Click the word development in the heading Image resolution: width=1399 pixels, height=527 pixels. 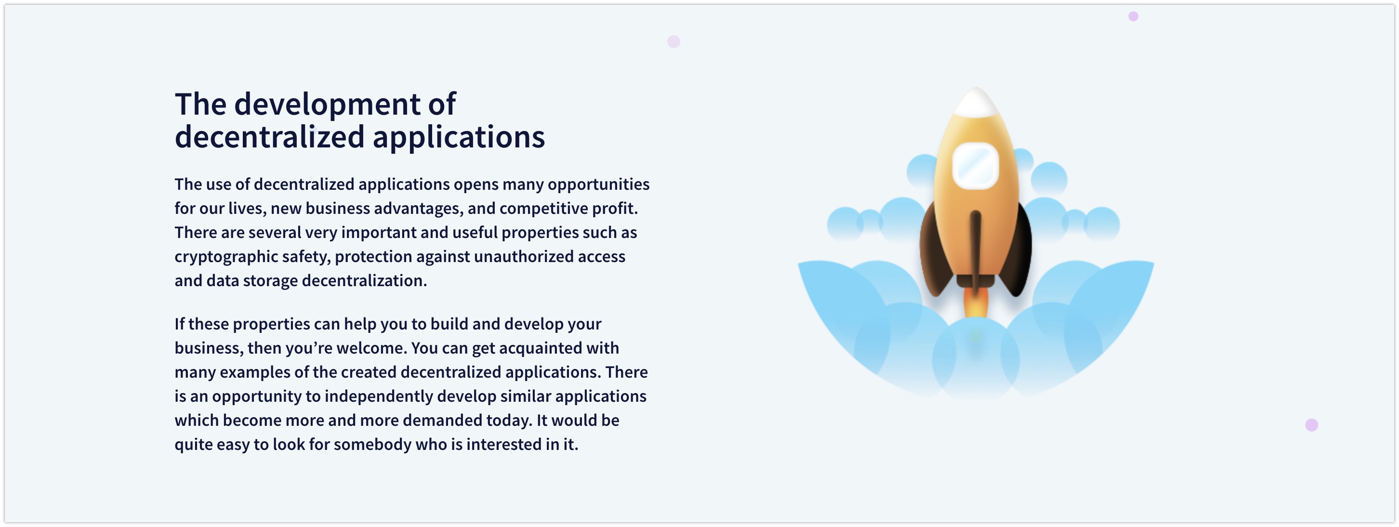click(x=327, y=105)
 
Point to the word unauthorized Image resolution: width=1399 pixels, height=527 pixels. click(x=523, y=256)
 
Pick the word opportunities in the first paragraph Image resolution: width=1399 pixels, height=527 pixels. click(x=598, y=184)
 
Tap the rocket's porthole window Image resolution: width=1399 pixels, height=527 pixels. click(x=976, y=166)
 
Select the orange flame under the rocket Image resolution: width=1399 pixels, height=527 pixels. click(x=976, y=303)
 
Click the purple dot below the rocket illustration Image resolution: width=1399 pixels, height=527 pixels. click(x=1311, y=425)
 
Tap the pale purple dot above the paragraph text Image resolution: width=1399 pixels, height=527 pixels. click(x=673, y=41)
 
